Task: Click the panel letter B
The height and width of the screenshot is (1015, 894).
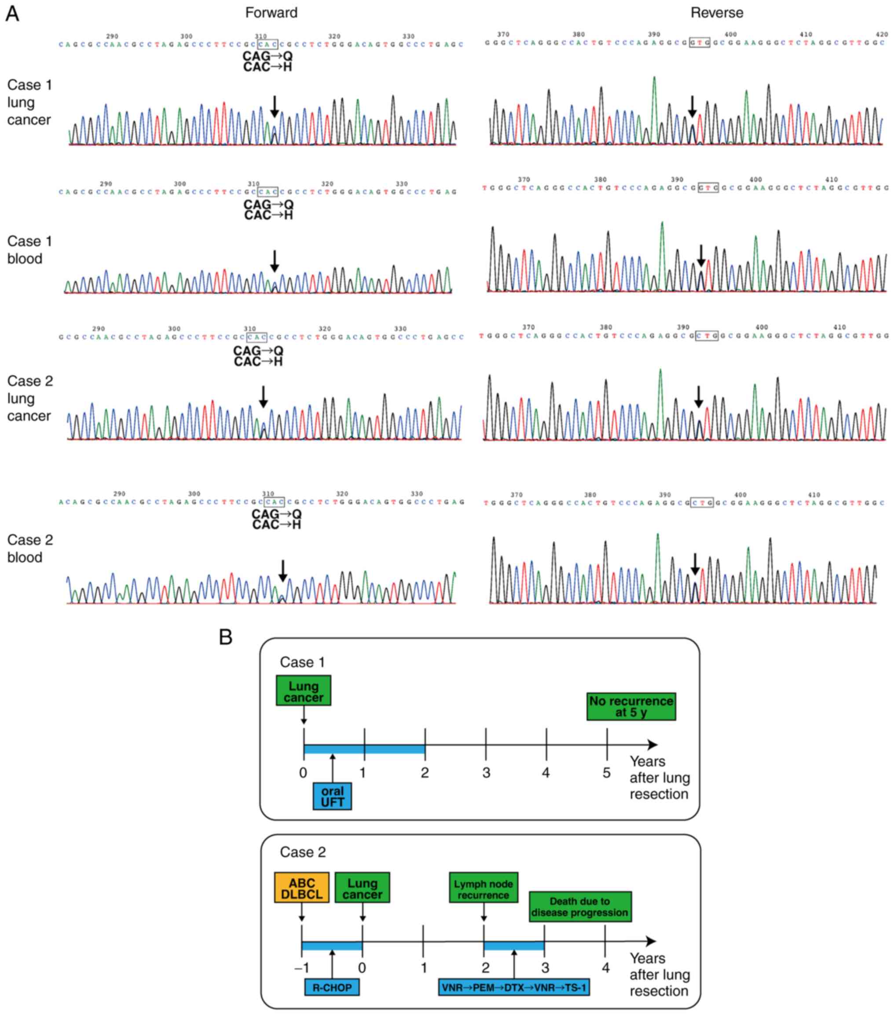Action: point(226,637)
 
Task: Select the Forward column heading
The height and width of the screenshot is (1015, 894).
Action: point(271,13)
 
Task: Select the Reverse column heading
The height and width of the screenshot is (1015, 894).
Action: point(716,13)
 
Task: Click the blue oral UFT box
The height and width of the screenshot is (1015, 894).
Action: point(332,796)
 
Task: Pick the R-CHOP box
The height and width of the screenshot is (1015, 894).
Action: point(332,987)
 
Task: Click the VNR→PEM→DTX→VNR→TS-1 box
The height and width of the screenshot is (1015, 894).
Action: point(513,987)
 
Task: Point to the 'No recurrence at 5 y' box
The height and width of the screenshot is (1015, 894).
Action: point(631,707)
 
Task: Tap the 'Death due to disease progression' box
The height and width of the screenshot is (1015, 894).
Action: point(579,907)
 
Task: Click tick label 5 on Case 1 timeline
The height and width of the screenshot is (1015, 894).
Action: point(606,773)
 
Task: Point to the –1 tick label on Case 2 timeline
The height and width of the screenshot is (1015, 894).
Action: point(301,967)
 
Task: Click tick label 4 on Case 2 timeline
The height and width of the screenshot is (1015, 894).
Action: point(605,967)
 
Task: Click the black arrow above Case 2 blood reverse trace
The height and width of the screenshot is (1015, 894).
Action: point(695,564)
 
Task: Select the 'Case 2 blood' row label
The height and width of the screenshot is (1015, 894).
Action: point(30,548)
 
